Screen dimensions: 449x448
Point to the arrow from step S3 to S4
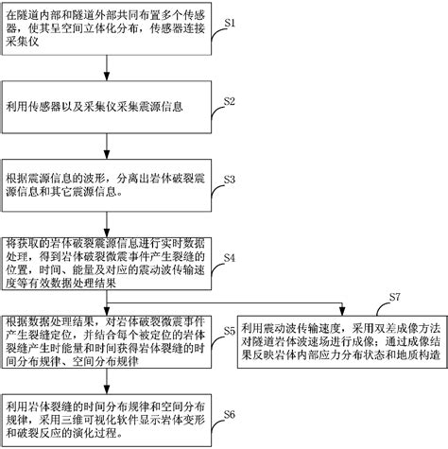[x=113, y=218]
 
